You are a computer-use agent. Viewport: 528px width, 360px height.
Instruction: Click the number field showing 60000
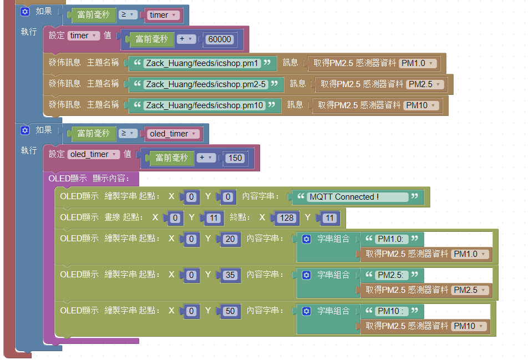coord(219,39)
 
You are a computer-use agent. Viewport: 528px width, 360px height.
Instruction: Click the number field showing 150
coord(235,158)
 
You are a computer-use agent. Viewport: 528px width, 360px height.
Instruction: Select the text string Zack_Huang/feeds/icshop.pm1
coord(202,63)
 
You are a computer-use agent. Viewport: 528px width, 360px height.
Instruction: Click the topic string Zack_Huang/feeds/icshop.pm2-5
coord(206,84)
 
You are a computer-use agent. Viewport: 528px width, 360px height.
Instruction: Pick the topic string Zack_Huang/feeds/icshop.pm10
coord(205,105)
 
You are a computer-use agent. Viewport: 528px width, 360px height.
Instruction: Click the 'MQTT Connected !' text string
coord(358,197)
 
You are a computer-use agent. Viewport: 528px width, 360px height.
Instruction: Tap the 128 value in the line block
coord(287,218)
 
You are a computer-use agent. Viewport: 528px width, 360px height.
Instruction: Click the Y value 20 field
coord(230,239)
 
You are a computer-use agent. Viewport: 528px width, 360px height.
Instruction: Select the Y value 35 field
coord(230,275)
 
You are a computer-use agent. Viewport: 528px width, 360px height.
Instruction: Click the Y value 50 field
coord(230,311)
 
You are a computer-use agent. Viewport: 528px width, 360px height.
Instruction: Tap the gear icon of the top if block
coord(25,12)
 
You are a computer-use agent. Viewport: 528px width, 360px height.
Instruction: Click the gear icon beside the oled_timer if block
coord(25,130)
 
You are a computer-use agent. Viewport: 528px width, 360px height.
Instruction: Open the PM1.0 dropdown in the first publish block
coord(418,63)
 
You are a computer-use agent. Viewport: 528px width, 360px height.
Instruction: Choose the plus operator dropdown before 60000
coord(186,39)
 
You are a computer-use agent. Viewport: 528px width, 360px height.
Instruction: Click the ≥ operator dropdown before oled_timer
coord(128,134)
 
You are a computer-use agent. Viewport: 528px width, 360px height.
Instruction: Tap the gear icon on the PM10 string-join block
coord(306,311)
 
